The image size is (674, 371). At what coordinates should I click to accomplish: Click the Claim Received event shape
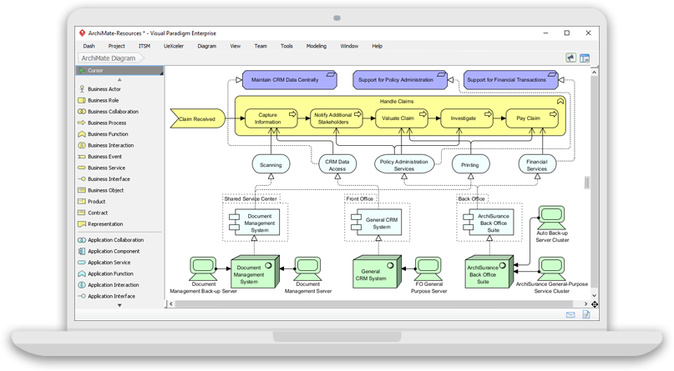(193, 120)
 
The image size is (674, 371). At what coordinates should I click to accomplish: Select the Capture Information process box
(268, 118)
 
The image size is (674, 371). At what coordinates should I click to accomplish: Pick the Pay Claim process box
(528, 118)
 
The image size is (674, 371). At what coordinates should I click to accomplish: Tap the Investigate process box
(463, 118)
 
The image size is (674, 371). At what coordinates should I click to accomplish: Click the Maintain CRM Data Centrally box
(283, 80)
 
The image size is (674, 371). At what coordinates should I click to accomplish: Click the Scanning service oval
(270, 165)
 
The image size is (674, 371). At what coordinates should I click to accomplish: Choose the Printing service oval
(470, 165)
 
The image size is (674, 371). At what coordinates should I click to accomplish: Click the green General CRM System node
(377, 273)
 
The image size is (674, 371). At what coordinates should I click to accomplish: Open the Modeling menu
(317, 46)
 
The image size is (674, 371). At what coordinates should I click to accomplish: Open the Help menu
(377, 46)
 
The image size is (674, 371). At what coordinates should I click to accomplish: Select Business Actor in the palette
(104, 88)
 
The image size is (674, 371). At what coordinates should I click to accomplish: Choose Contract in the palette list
(98, 213)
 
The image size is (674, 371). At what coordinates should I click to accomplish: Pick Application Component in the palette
(114, 251)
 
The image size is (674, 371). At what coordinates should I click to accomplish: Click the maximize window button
(567, 33)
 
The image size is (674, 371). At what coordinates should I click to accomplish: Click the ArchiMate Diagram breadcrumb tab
(108, 58)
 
